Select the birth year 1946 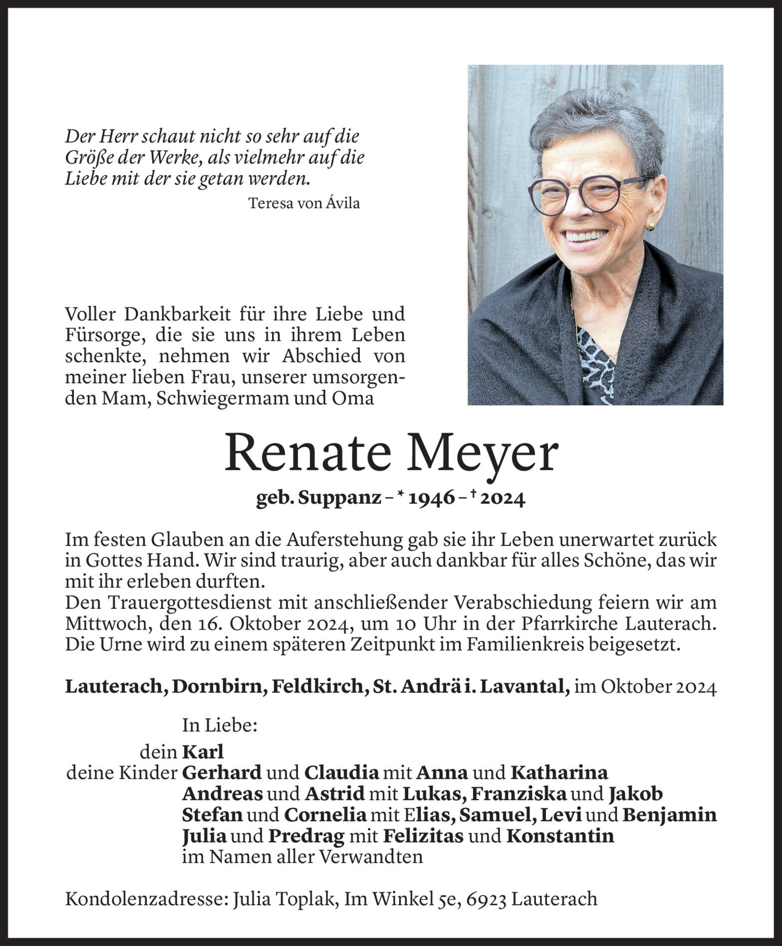point(433,498)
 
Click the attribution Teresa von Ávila point(303,204)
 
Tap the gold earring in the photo point(651,226)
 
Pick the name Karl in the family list point(203,752)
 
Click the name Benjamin point(670,815)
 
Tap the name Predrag point(306,836)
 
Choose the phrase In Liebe point(220,725)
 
